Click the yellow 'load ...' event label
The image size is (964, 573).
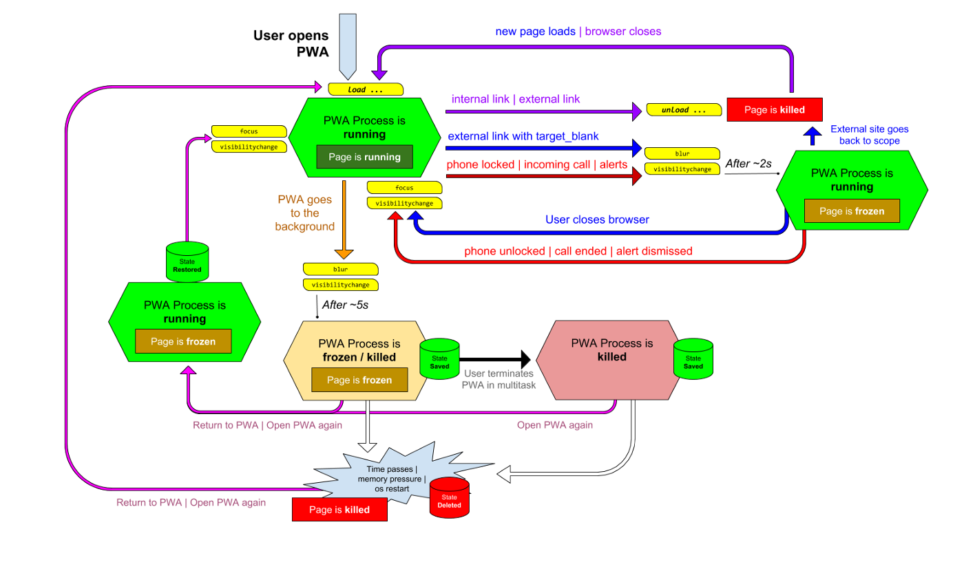point(365,89)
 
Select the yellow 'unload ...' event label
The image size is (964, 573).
point(684,110)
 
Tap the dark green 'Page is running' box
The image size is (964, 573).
point(364,157)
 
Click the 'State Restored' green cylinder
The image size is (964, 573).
point(187,262)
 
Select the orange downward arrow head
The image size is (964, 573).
point(344,253)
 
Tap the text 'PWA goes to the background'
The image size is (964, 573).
point(304,213)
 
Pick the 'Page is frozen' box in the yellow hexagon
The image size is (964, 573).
point(359,380)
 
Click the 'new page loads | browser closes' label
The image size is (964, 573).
point(578,32)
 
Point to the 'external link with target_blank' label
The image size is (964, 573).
point(523,136)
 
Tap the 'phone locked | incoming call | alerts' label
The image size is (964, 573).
point(537,165)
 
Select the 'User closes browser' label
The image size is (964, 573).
point(598,219)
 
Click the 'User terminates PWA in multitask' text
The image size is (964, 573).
point(499,379)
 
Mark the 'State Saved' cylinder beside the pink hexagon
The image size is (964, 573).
point(693,358)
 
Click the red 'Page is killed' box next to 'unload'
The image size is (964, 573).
point(774,110)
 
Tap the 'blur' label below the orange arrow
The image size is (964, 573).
point(341,269)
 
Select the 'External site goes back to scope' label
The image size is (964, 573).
point(870,135)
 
